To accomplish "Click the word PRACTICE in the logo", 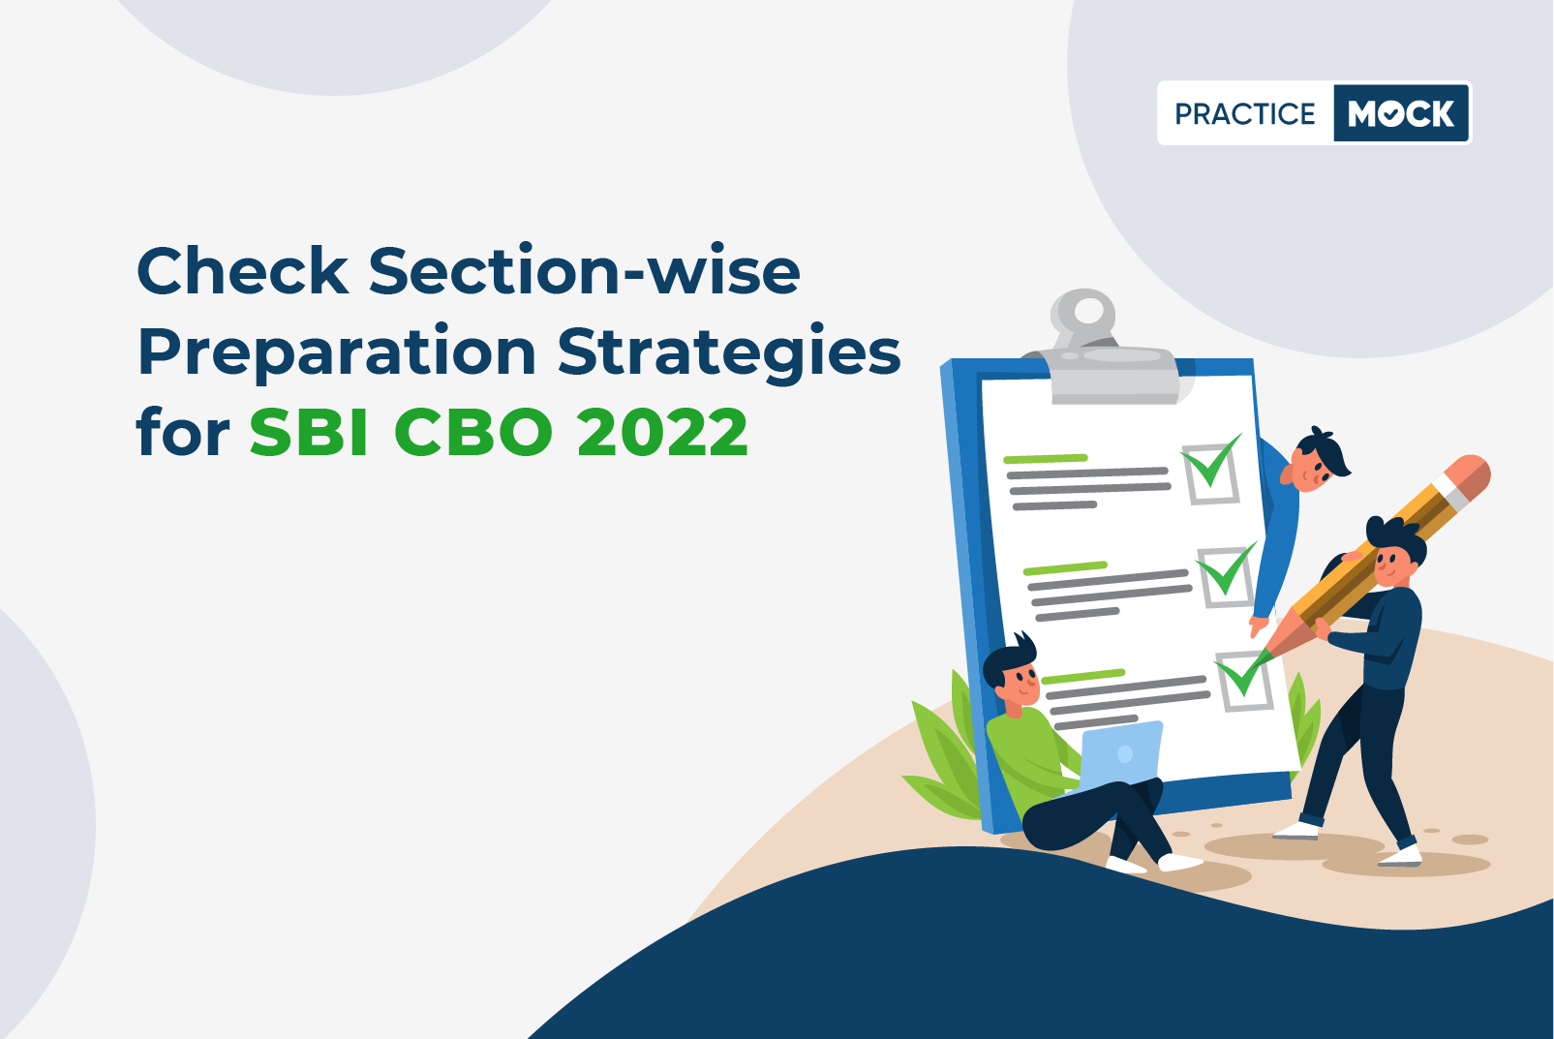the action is point(1244,113).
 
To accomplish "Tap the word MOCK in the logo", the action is point(1401,113).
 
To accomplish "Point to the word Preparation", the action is point(338,353).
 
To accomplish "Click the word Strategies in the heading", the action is point(729,353).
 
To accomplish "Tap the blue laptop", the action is point(1119,757).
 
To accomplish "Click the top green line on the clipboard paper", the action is point(1046,458).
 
